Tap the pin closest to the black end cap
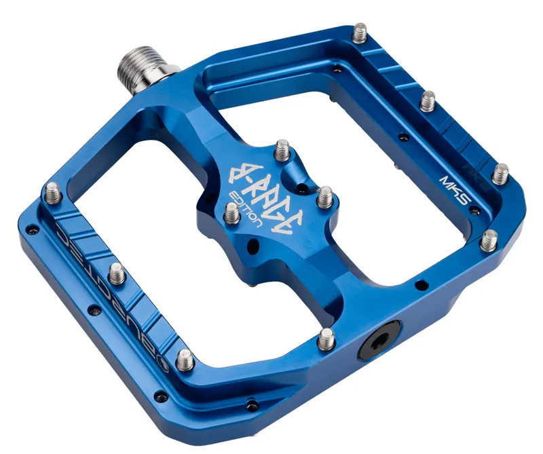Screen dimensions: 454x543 [327, 337]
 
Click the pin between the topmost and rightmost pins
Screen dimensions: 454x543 [428, 100]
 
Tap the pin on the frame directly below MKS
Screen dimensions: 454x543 [489, 240]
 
